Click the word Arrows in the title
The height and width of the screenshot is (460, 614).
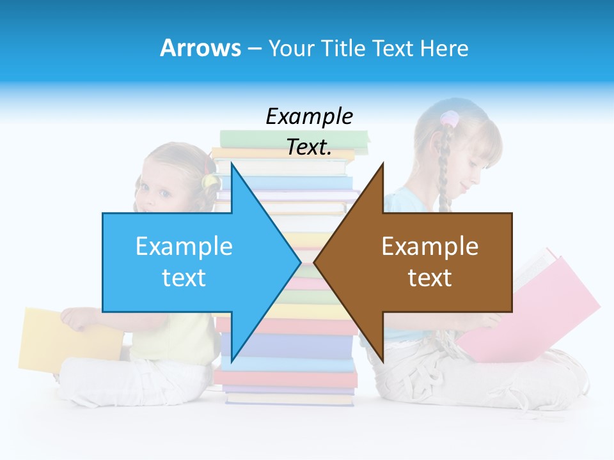200,48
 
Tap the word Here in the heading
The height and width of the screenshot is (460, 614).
444,48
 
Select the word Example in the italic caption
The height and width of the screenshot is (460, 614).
309,117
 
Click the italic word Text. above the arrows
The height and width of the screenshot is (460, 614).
309,148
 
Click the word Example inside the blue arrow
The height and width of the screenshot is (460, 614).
184,246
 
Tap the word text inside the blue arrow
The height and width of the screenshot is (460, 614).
184,277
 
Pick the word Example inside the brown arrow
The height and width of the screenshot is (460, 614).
430,246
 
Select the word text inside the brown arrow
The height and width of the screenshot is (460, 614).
430,277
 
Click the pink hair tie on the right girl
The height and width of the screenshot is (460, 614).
450,119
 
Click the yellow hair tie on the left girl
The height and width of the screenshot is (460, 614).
209,181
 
